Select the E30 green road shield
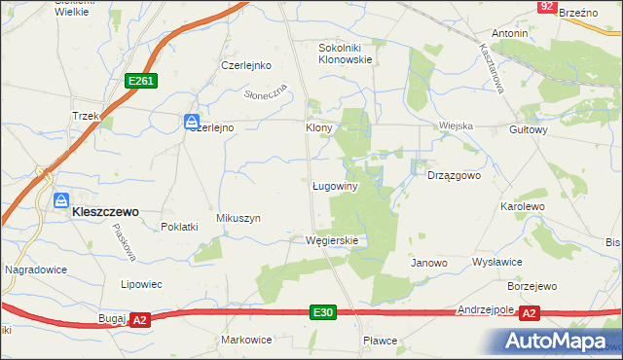click(x=324, y=312)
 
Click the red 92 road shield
click(x=547, y=7)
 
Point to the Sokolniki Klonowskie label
click(x=346, y=53)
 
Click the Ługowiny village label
click(x=336, y=185)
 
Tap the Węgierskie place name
click(x=332, y=240)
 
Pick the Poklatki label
click(x=179, y=227)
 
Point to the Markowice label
click(x=246, y=340)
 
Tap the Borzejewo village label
click(x=531, y=287)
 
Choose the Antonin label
click(x=510, y=33)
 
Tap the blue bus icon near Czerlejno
click(x=191, y=122)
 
